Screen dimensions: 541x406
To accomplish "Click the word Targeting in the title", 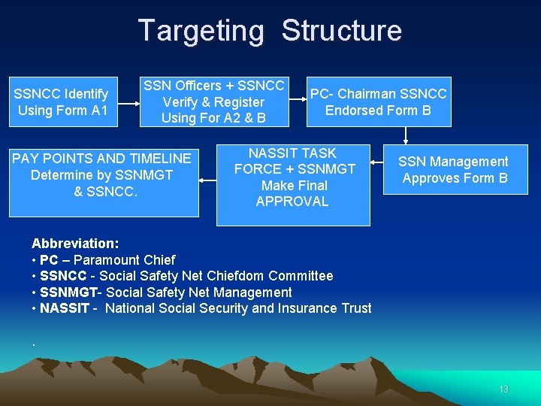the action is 201,31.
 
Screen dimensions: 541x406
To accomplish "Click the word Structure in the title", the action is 342,31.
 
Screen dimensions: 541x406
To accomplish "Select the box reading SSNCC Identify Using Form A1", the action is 63,102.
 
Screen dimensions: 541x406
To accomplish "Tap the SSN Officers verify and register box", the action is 213,101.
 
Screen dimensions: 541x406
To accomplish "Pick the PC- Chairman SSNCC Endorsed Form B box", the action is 378,101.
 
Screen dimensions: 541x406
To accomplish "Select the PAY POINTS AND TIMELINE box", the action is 102,174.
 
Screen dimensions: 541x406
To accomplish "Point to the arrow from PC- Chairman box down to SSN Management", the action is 406,135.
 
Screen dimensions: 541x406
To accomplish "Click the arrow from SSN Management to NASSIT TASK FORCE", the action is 376,162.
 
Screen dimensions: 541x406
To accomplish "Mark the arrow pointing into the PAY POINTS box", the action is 207,180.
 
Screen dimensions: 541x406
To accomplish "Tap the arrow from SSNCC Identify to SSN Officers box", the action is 127,101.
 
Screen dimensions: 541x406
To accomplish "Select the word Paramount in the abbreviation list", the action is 105,260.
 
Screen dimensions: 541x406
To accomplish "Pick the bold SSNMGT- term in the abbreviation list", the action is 69,292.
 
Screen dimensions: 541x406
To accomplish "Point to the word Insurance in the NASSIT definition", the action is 285,308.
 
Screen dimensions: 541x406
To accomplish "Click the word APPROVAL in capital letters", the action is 292,201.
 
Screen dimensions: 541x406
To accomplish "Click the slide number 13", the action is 503,389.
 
